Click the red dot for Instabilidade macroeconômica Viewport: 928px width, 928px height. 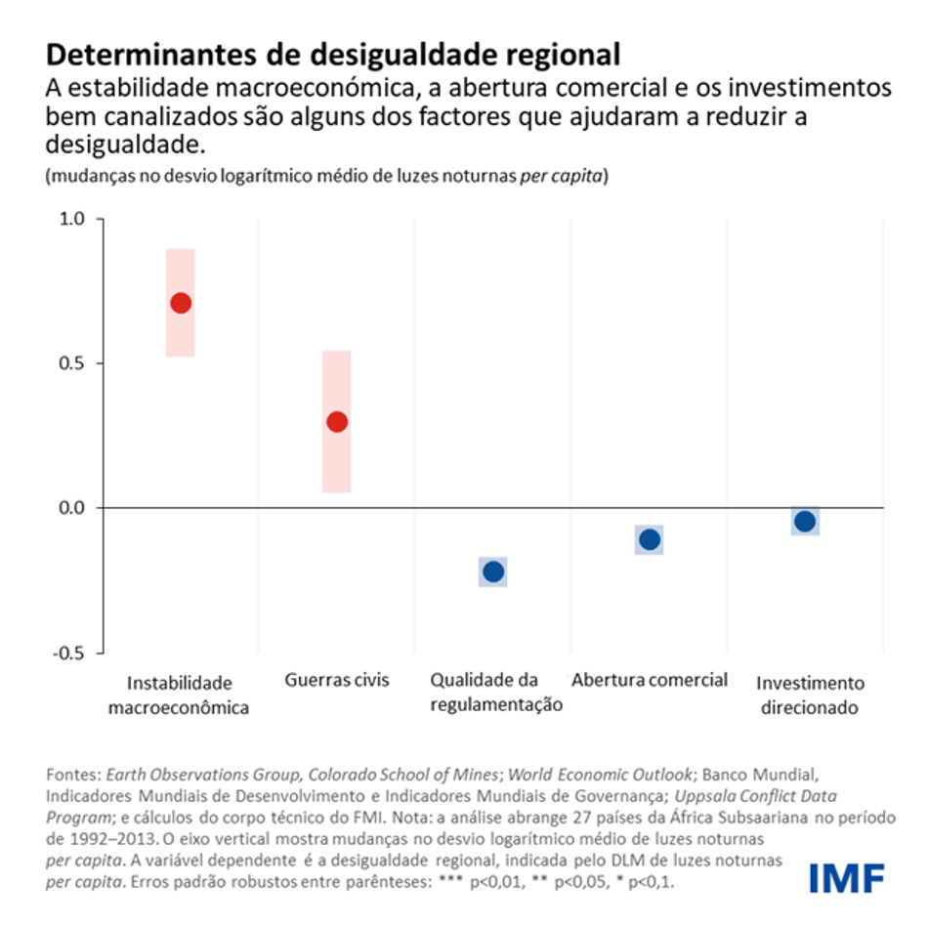181,303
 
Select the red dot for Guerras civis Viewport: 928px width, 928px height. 337,422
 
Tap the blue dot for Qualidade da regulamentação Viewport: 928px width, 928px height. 493,571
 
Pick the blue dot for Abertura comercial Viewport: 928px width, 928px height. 650,539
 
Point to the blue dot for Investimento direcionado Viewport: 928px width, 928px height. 805,522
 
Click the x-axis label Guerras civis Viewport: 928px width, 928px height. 337,680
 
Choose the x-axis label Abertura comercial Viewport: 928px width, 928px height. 650,680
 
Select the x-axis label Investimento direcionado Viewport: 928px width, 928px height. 810,695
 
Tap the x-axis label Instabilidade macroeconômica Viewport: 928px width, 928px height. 179,695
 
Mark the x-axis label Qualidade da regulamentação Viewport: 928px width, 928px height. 496,693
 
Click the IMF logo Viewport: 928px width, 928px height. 846,877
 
